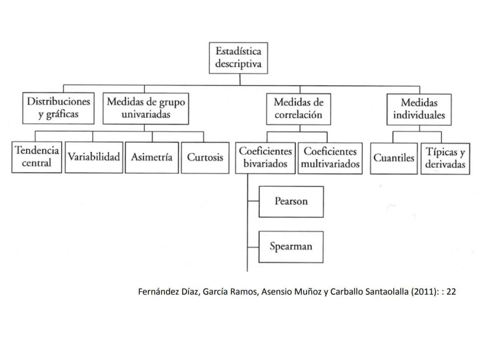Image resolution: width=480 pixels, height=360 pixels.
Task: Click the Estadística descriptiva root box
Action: [238, 58]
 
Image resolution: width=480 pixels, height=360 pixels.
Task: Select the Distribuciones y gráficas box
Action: [58, 108]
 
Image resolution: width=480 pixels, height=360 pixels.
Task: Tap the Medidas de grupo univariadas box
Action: [146, 108]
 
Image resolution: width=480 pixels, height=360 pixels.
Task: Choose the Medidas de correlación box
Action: [298, 109]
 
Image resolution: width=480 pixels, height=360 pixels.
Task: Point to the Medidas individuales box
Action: [419, 109]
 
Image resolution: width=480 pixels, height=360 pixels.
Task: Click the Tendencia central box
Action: [37, 157]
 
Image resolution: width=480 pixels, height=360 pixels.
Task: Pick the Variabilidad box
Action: [94, 157]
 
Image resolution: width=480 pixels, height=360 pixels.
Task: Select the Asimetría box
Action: [152, 157]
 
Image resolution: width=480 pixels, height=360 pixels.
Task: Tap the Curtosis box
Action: [205, 158]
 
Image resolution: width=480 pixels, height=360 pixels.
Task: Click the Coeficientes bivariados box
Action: [265, 158]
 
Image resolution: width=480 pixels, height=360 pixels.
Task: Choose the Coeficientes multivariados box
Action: [330, 158]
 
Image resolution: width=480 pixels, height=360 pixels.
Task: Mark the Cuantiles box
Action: [394, 158]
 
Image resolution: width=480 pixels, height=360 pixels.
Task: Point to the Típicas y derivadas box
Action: [445, 158]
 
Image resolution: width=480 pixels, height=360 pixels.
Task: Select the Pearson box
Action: [291, 202]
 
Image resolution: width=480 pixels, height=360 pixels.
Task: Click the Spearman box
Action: [291, 247]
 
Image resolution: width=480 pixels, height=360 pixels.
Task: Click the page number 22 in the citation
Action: [451, 292]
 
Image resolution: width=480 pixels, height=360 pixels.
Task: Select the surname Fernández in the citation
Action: [155, 292]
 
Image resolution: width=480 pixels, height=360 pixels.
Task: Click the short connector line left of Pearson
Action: [253, 201]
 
